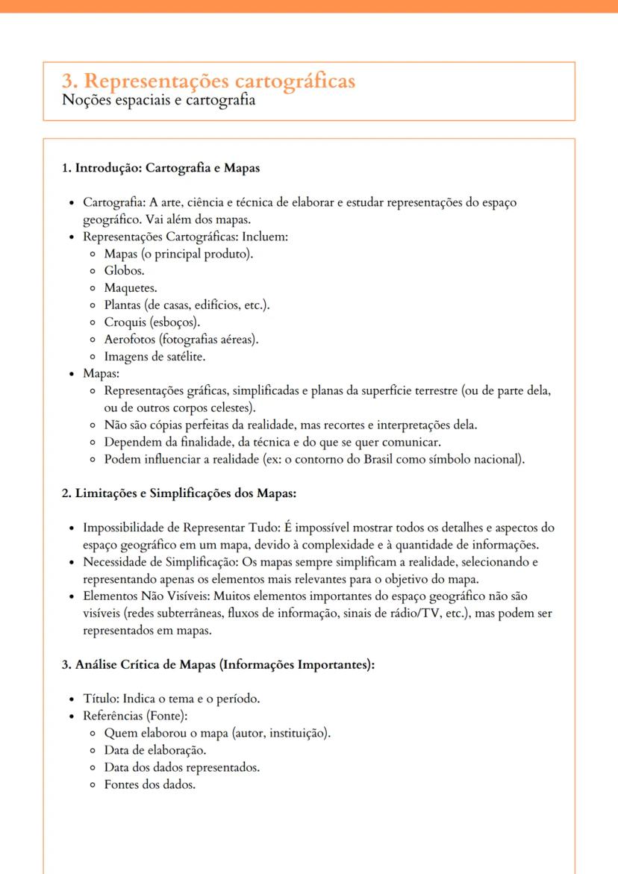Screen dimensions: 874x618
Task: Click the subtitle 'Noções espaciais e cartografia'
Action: coord(159,101)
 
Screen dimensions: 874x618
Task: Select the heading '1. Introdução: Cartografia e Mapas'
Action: coord(160,168)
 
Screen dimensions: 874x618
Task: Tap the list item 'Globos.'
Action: coord(125,271)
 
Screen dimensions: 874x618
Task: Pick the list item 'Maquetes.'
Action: coord(131,288)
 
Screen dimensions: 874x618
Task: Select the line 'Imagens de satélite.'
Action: coord(154,357)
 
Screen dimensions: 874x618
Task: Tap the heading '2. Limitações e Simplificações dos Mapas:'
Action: coord(180,493)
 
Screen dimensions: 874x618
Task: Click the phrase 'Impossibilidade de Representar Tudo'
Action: coord(180,528)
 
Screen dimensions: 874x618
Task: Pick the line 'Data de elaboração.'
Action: coord(155,750)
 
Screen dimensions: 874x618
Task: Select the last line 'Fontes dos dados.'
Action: coord(150,784)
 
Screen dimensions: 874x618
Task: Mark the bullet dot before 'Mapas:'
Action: coord(71,374)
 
